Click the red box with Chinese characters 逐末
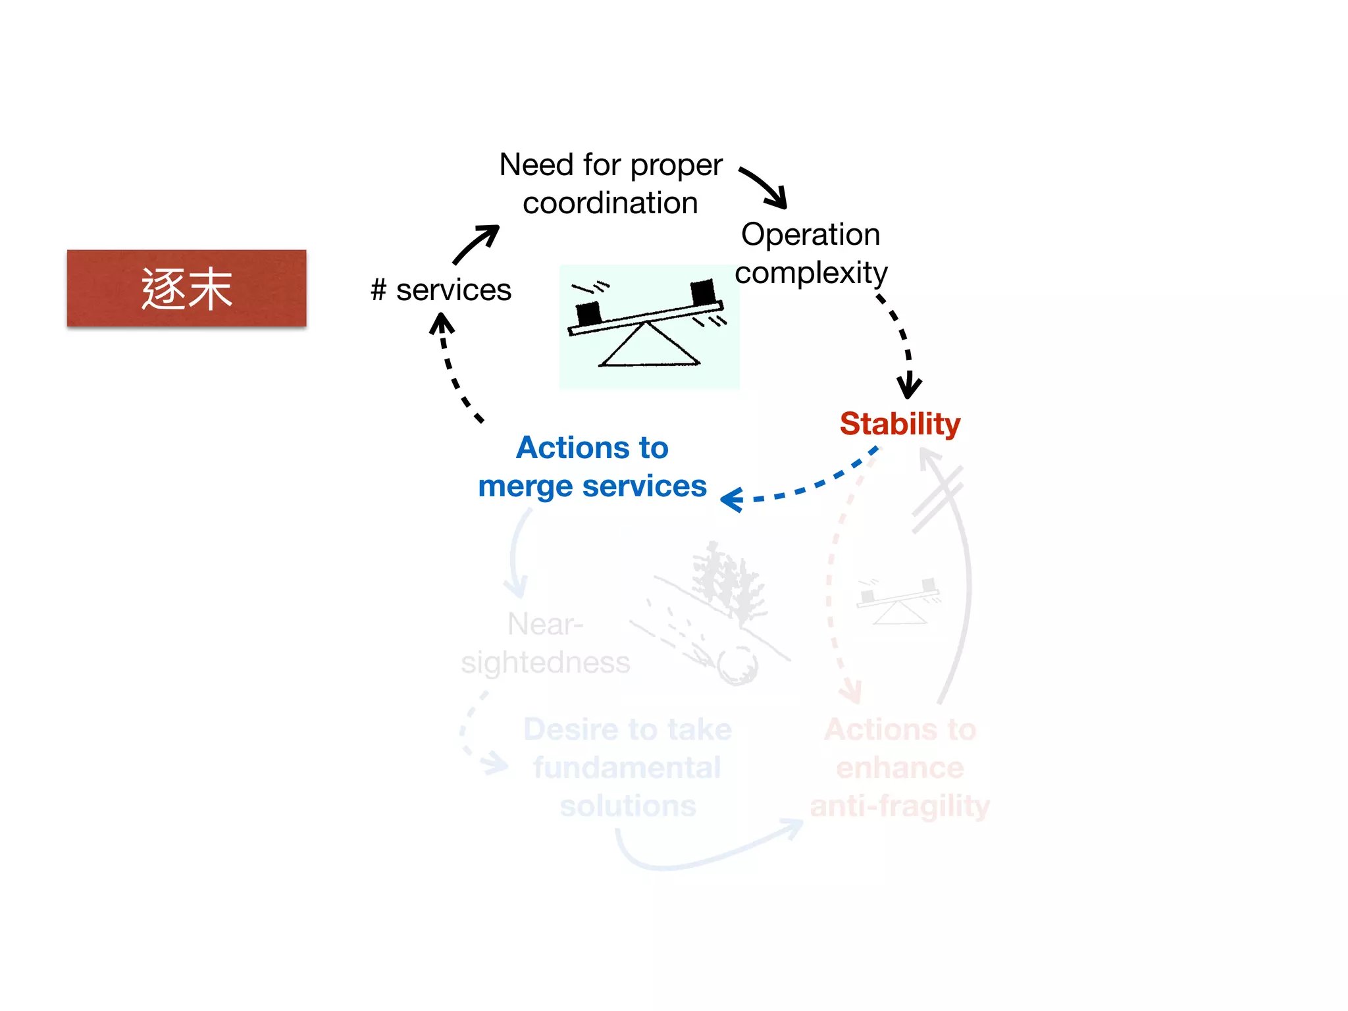pos(186,288)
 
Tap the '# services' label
pos(441,290)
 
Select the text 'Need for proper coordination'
pos(611,184)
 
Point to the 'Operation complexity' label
pos(811,253)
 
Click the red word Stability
pos(900,423)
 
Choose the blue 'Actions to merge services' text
pos(592,467)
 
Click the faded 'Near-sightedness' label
pos(545,643)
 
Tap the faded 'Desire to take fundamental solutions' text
pos(628,767)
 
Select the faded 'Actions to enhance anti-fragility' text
pos(900,767)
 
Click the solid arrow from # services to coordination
pos(475,244)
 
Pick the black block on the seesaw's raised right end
pos(703,292)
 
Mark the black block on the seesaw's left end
pos(588,313)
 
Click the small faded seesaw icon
pos(899,600)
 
